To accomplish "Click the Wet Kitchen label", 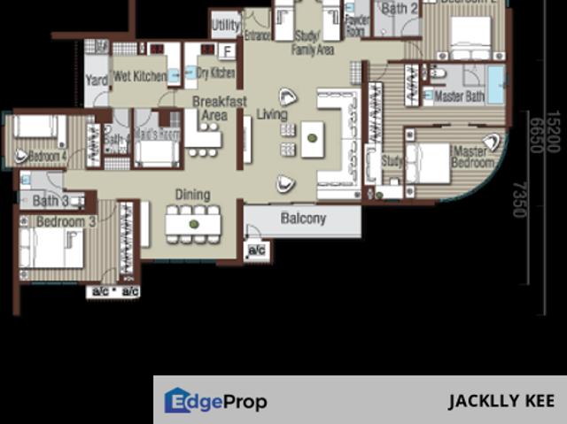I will point(139,77).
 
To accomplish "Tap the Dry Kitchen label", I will point(215,73).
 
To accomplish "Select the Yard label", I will point(96,81).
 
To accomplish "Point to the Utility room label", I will point(226,25).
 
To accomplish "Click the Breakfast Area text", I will point(219,108).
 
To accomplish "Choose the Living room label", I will point(272,113).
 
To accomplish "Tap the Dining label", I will point(192,195).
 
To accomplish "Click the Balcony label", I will point(303,218).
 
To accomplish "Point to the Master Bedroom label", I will point(472,157).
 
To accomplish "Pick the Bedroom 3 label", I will point(64,221).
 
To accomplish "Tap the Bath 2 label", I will point(400,9).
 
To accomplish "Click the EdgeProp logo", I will point(215,402).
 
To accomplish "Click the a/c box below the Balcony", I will point(257,251).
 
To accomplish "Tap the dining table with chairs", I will point(193,224).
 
